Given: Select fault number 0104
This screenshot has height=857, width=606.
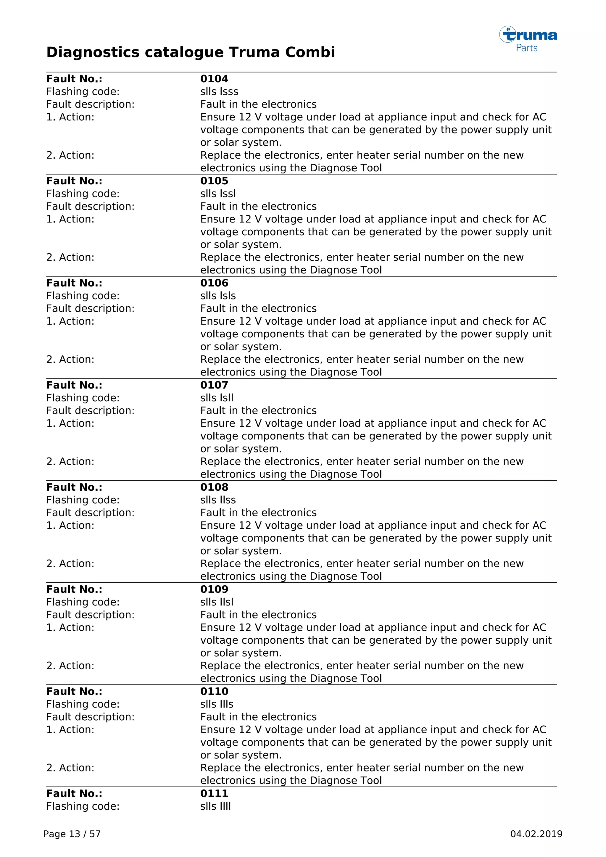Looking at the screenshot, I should (x=214, y=79).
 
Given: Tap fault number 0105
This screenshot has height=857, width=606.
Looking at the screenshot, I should (x=214, y=181).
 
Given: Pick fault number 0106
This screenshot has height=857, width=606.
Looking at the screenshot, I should (x=214, y=283).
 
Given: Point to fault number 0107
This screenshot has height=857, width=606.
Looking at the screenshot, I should (x=214, y=385).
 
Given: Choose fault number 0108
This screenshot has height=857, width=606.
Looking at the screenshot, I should (x=214, y=487).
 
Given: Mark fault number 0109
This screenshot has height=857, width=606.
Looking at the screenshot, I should (x=214, y=589).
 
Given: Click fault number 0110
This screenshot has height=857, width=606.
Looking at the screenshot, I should (x=214, y=691).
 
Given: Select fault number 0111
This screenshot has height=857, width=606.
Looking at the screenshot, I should (x=214, y=794).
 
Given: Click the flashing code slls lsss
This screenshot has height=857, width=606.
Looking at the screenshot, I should (x=219, y=91).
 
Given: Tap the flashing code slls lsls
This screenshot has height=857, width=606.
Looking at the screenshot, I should (x=218, y=296).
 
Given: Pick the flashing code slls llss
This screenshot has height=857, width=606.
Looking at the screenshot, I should (x=218, y=500).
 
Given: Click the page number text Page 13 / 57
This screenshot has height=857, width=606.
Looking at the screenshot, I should (x=72, y=834).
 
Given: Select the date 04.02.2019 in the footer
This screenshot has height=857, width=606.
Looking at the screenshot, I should (x=536, y=834).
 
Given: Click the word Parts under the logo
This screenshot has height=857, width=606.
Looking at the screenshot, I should (x=526, y=48).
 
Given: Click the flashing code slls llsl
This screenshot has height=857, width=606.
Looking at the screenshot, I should (x=216, y=602).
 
